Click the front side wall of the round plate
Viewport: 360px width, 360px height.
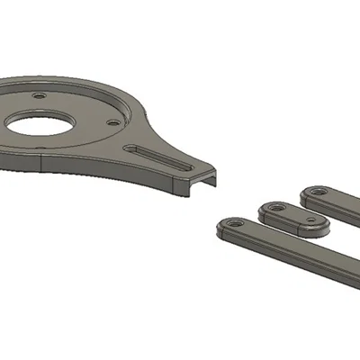90,166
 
